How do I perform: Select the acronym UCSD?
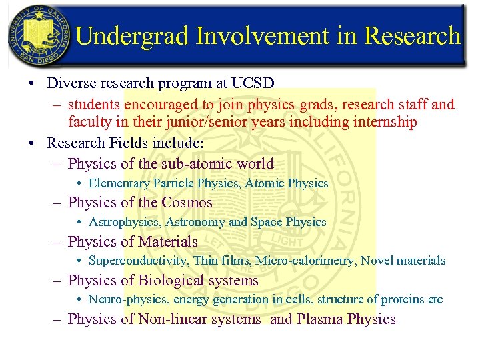coord(253,84)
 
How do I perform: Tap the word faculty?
coord(89,122)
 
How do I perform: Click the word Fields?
coord(140,143)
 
